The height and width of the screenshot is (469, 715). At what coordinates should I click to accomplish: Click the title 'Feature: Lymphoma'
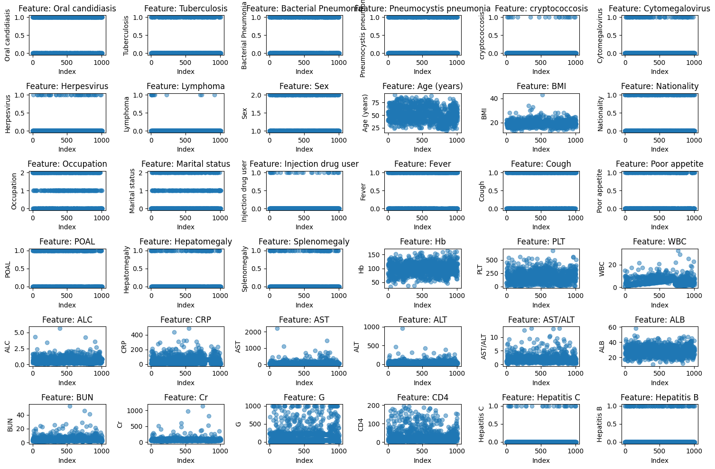pos(186,86)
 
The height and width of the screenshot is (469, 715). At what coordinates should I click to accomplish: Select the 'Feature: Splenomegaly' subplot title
pos(304,242)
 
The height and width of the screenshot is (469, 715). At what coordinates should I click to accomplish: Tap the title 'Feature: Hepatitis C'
pos(541,397)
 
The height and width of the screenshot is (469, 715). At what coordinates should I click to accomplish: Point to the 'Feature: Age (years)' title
pos(422,86)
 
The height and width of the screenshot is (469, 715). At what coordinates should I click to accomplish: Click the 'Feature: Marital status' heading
pos(186,164)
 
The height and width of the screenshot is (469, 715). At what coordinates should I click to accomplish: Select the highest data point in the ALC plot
pos(60,328)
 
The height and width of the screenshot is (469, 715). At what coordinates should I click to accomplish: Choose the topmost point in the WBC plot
pos(678,251)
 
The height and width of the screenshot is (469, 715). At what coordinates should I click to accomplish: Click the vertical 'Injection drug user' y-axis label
pos(245,191)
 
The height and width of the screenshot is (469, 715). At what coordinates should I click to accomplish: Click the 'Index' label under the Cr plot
pos(186,460)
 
